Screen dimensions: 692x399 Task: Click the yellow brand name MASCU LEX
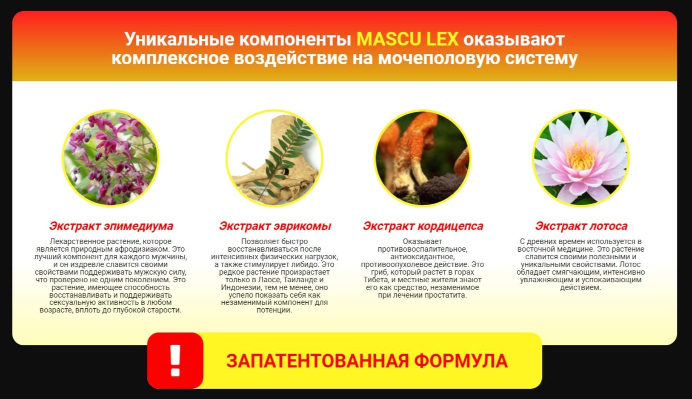407,39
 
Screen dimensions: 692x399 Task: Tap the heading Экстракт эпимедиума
111,226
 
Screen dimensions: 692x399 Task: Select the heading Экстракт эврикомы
275,226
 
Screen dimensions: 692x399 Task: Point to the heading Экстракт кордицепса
423,226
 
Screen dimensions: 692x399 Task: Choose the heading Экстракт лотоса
581,226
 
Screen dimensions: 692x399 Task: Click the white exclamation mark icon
175,360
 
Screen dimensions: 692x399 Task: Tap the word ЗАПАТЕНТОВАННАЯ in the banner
317,361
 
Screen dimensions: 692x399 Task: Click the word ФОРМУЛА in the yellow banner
461,361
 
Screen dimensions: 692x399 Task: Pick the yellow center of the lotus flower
581,156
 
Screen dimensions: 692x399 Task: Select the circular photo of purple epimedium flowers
111,158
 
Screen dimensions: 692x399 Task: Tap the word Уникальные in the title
179,40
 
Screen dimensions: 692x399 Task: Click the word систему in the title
541,58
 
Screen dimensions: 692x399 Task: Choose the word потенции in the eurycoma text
275,310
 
